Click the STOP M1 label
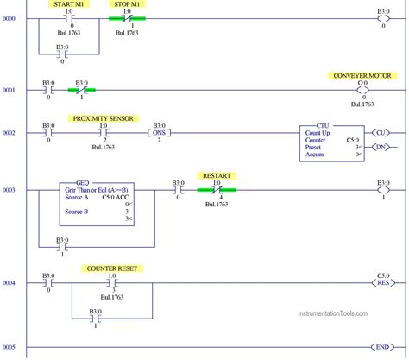point(127,3)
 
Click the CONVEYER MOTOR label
point(362,76)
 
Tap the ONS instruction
point(158,133)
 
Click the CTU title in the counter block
point(323,125)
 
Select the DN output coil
point(379,148)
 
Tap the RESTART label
point(216,174)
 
